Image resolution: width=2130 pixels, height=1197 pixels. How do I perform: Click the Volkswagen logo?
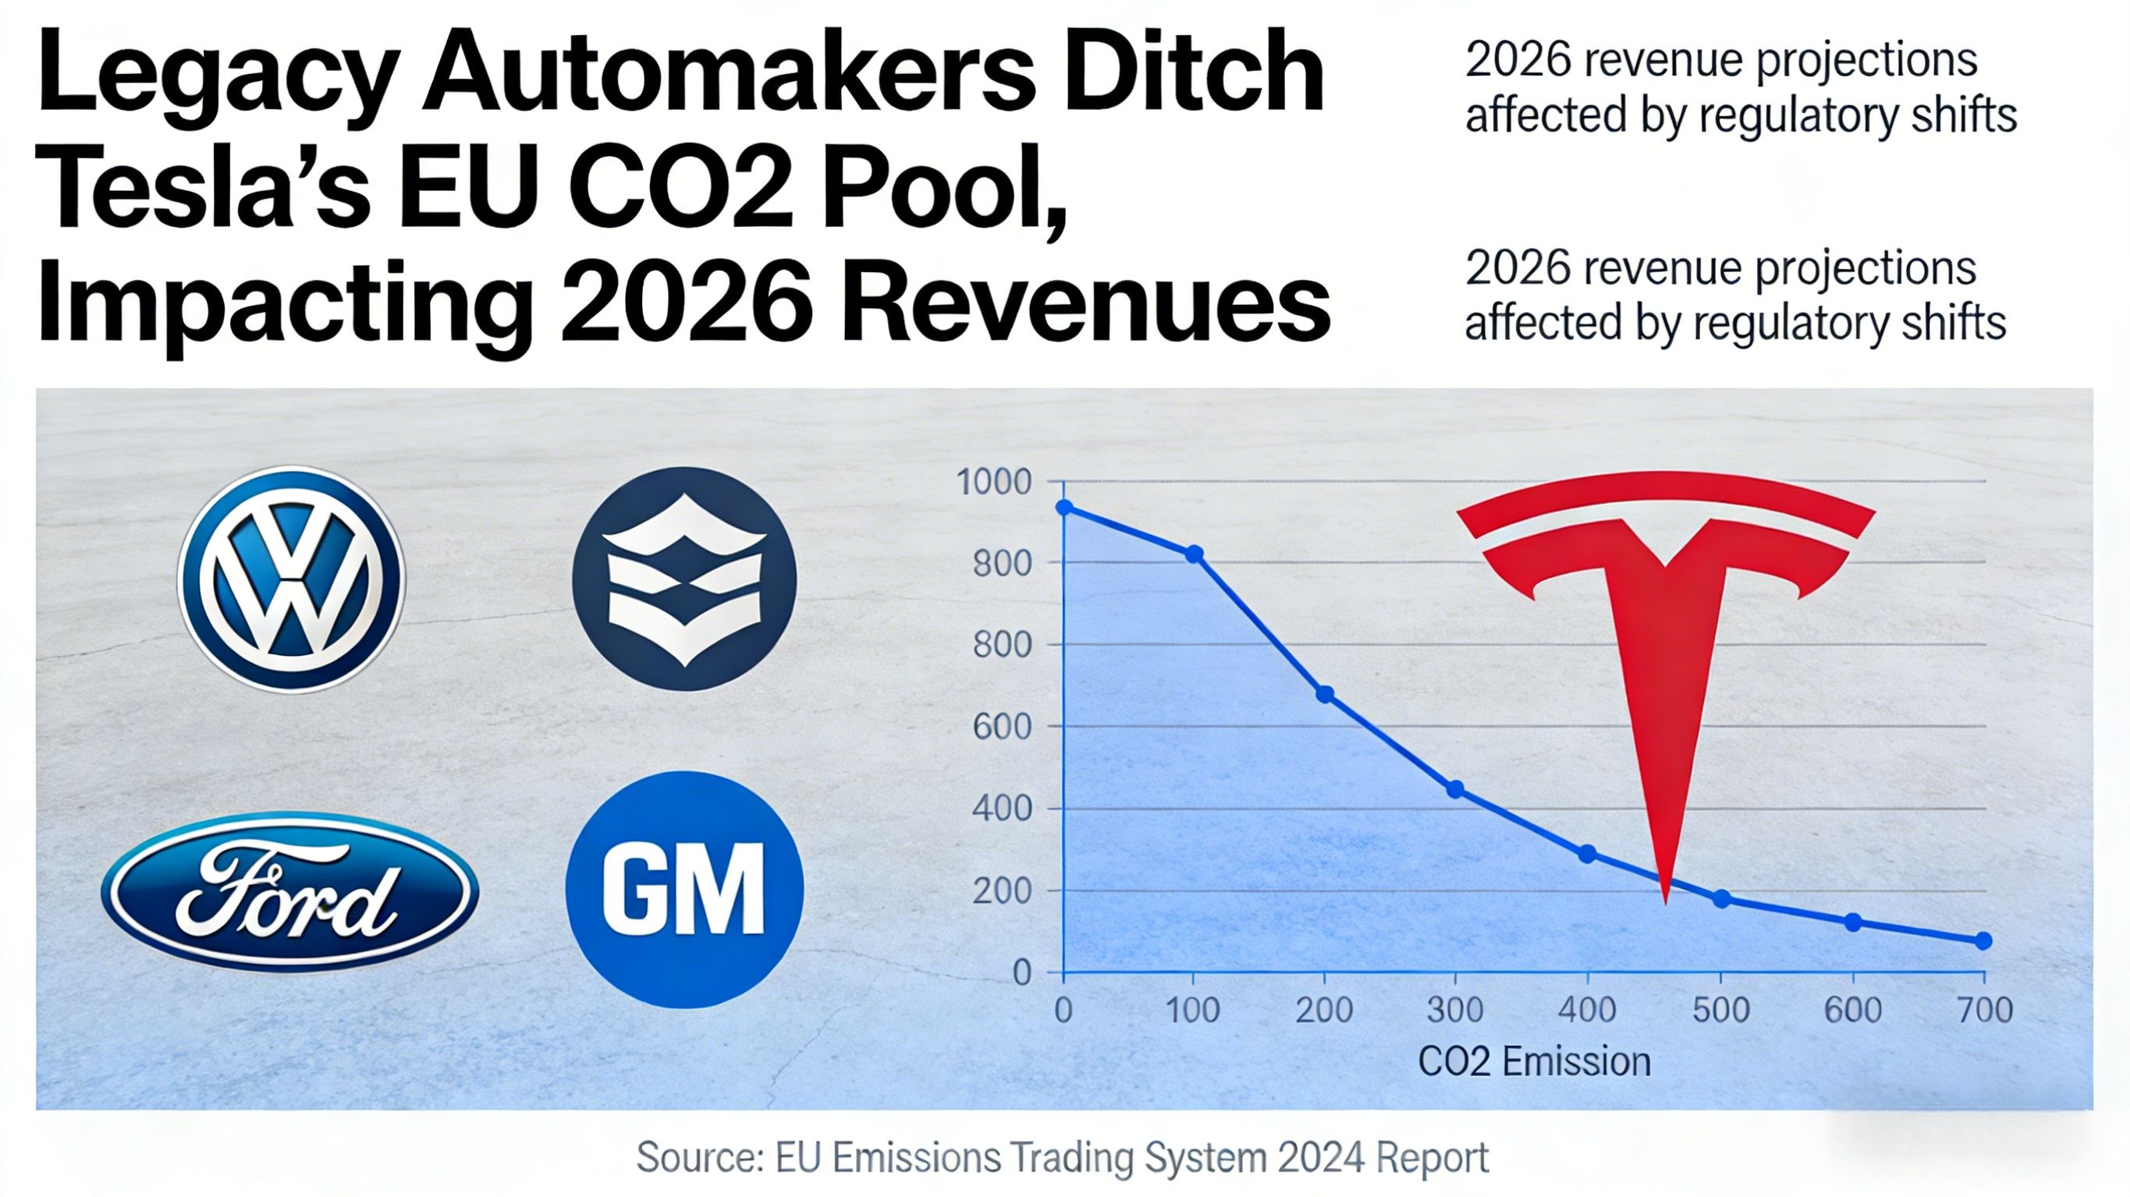click(291, 579)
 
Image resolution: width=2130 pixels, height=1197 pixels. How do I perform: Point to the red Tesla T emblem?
click(1664, 629)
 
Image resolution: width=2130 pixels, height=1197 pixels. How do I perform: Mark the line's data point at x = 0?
click(1065, 507)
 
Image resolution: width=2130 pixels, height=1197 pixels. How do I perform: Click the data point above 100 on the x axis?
click(1194, 554)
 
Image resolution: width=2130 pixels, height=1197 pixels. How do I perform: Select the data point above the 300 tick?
click(1456, 789)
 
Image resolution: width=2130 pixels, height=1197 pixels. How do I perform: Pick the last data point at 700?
click(1983, 940)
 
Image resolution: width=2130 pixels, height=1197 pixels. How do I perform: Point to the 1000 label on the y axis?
click(994, 482)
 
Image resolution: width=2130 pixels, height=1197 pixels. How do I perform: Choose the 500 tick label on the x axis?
click(1720, 1010)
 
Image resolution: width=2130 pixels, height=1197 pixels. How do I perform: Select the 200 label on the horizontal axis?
click(1325, 1010)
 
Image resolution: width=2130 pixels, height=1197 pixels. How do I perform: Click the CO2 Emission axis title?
click(1534, 1061)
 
